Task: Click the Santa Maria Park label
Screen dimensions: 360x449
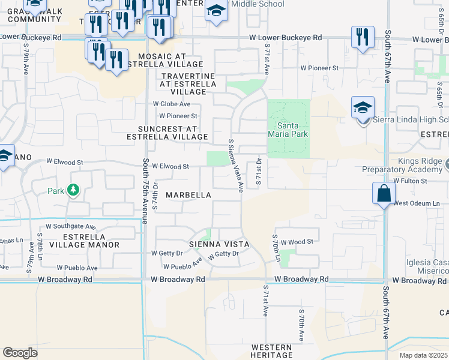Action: pos(292,129)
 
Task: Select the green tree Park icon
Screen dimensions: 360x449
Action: pos(74,191)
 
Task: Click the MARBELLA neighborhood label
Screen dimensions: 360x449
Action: pos(188,195)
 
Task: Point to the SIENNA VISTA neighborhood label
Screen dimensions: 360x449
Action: pos(219,244)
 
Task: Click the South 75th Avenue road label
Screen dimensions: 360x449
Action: pos(145,191)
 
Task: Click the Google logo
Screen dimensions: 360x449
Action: pos(20,352)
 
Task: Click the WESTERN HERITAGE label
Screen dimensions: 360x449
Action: pos(272,352)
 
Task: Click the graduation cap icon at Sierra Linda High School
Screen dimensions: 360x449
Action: pos(363,108)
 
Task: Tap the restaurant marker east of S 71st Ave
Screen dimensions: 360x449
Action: pos(362,37)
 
